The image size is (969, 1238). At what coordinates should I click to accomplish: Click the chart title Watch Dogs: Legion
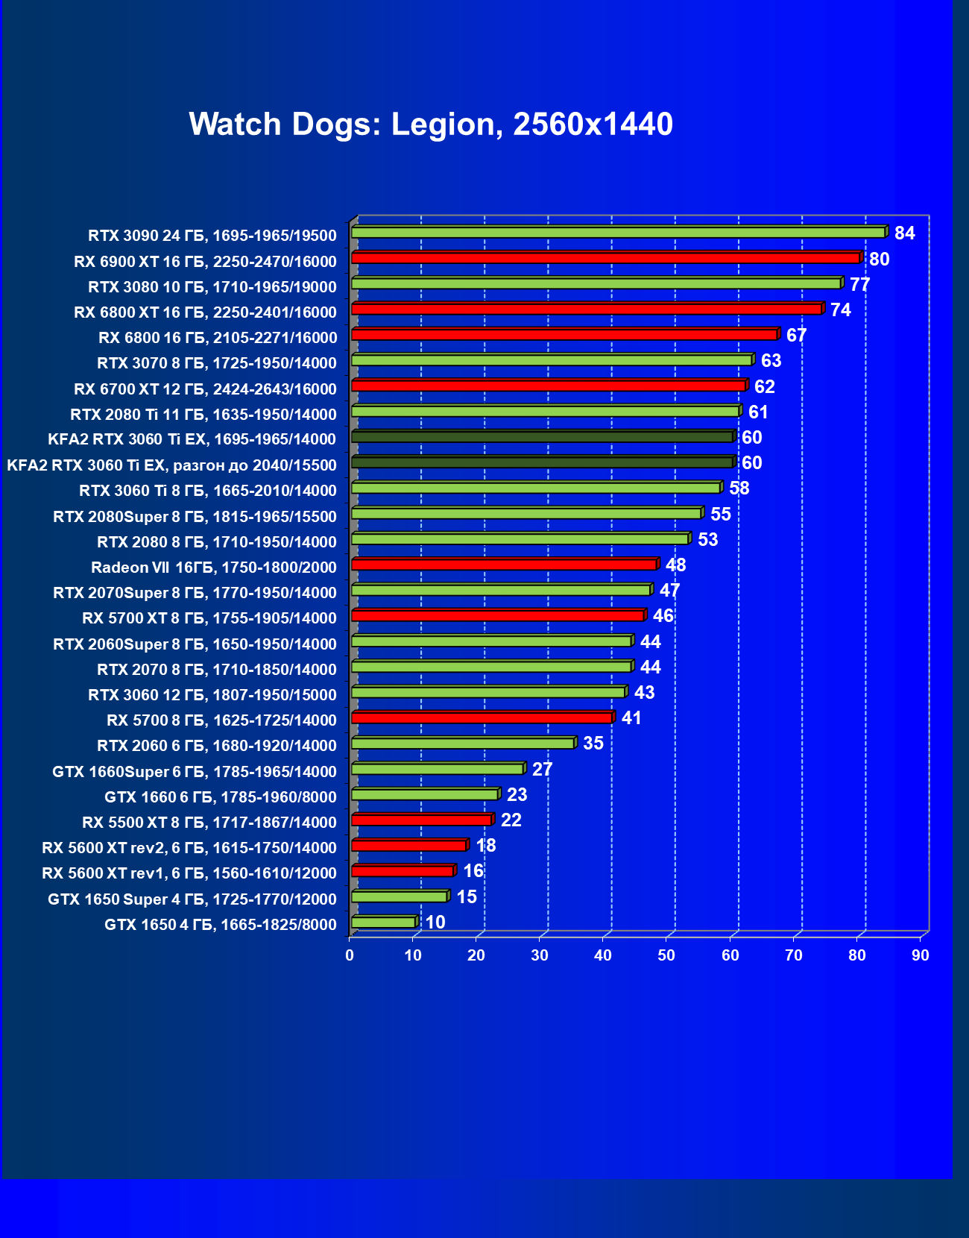431,125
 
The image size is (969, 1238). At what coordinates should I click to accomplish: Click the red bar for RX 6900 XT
605,258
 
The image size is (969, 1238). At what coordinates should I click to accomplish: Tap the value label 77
859,285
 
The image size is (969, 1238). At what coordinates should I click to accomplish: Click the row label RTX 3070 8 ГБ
216,363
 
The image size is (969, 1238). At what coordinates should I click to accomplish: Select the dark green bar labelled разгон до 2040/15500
542,462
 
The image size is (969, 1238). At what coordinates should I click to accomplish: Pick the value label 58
739,488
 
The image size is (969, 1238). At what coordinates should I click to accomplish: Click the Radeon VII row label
213,568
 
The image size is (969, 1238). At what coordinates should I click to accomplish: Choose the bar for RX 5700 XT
497,615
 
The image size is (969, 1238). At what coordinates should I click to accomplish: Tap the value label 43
644,693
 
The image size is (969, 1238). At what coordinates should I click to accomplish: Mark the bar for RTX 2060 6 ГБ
462,744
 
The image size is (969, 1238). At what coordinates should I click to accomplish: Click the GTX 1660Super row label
194,772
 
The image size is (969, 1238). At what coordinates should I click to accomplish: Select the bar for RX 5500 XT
421,820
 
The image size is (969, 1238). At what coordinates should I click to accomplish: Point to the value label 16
473,871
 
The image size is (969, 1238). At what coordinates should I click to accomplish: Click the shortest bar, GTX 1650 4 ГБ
383,923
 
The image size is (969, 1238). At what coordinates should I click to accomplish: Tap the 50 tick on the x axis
666,955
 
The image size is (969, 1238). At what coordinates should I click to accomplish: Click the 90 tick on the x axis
921,955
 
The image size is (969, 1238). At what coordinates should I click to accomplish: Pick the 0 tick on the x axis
350,955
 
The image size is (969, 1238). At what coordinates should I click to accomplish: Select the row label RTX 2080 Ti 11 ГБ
203,415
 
